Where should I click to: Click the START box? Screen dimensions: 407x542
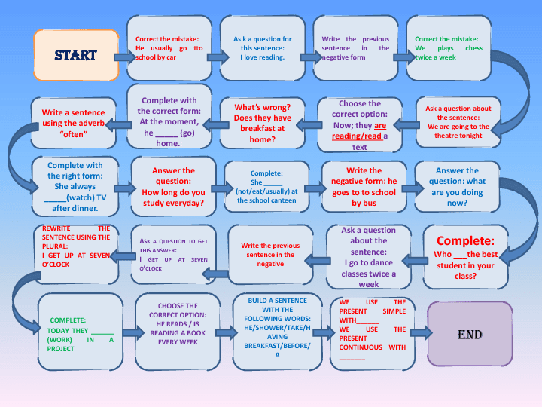pos(75,55)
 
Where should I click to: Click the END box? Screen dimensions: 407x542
pos(470,334)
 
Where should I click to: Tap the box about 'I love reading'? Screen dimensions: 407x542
pos(261,48)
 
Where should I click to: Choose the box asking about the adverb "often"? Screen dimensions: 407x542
pos(73,123)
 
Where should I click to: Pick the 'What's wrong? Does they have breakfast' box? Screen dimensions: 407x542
pos(261,123)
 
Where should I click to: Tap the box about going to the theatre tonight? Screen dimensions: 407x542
pos(458,122)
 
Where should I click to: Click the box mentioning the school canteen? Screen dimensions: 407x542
pos(266,186)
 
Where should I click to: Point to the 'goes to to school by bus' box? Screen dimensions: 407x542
pos(364,186)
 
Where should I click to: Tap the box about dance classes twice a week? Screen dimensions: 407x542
pos(368,257)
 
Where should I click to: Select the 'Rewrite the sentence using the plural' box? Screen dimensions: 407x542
pos(75,253)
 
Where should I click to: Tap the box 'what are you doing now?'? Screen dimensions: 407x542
pos(456,186)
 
